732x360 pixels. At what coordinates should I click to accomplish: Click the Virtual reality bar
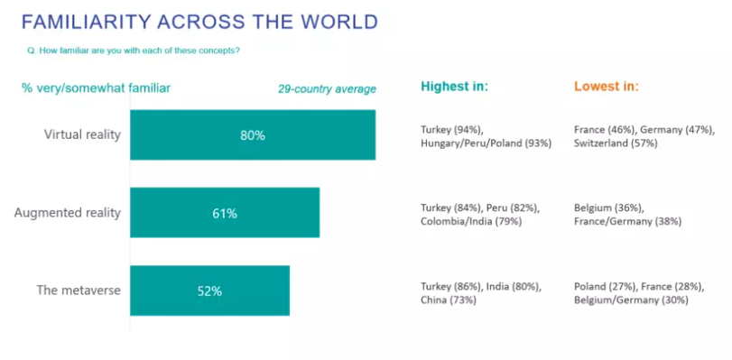tap(253, 135)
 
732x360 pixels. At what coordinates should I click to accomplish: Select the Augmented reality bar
tap(225, 212)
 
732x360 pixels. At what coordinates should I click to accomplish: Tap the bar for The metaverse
tap(209, 291)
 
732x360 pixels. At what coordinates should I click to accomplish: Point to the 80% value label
tap(253, 135)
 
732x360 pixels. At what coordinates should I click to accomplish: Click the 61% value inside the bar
tap(225, 214)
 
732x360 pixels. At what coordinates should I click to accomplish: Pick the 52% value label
tap(209, 291)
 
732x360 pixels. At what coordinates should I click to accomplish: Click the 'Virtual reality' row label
tap(83, 135)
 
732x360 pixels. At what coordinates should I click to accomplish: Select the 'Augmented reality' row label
tap(68, 213)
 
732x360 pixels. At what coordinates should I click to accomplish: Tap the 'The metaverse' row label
tap(79, 291)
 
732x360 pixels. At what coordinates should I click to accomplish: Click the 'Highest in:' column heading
tap(454, 87)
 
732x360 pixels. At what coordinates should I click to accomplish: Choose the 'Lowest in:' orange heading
tap(607, 87)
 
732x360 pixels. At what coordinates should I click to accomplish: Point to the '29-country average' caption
tap(328, 89)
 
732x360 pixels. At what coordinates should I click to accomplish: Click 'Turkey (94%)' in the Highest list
tap(450, 130)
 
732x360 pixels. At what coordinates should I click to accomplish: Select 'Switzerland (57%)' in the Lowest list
tap(616, 143)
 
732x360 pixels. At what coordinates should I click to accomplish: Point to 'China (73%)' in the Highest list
tap(449, 300)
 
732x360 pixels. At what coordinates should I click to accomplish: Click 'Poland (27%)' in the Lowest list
tap(606, 287)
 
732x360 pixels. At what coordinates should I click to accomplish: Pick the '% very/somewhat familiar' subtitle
tap(97, 88)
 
